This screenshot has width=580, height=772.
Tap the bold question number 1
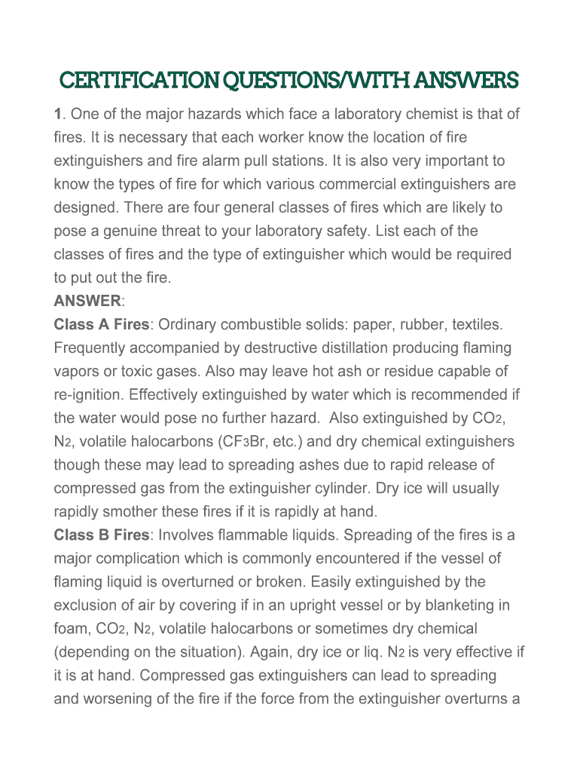click(57, 115)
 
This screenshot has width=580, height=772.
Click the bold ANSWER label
click(87, 302)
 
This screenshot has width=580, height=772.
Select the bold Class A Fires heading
click(102, 325)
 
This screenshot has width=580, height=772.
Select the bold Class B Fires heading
click(102, 535)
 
